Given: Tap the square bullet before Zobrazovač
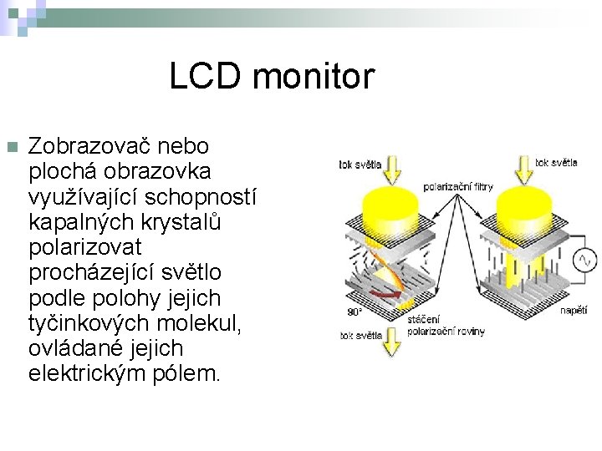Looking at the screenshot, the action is tap(11, 147).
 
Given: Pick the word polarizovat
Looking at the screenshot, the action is tap(85, 246).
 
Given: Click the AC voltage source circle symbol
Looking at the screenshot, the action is tap(584, 260).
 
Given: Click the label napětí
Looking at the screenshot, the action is tap(574, 310).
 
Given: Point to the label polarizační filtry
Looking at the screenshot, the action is tap(458, 187).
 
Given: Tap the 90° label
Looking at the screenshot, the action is tap(355, 312).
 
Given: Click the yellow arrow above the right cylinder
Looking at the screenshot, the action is tap(522, 169).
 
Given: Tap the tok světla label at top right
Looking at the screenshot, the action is tap(556, 163).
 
